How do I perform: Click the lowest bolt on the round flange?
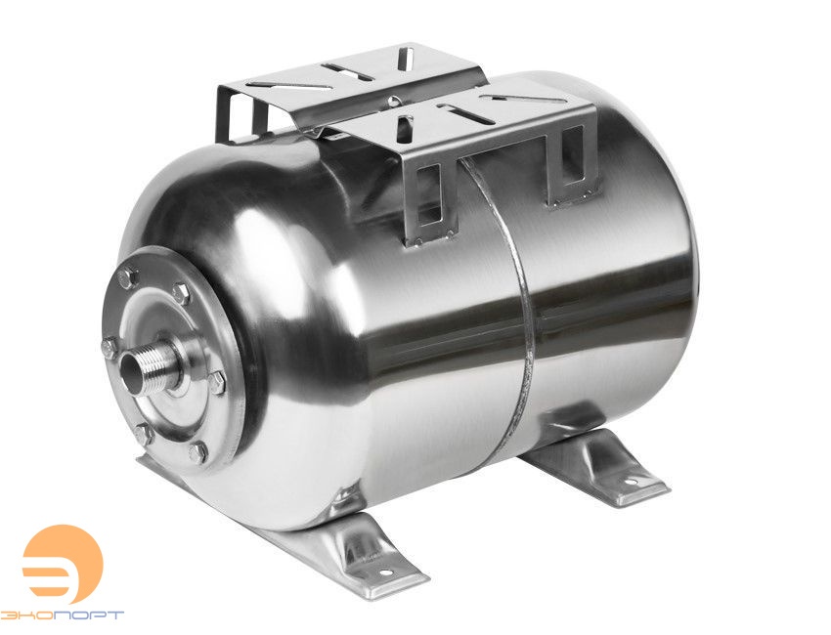coord(200,450)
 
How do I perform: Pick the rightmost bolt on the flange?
coord(216,381)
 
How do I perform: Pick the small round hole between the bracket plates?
coord(391,101)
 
